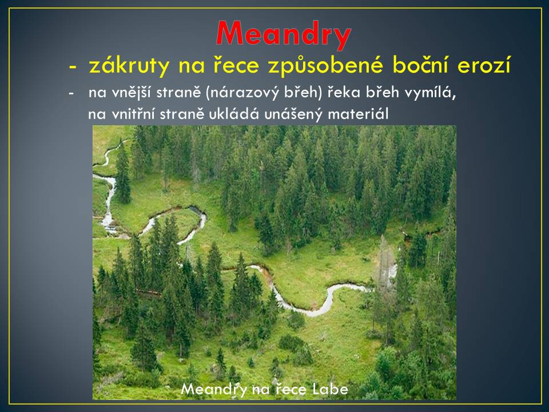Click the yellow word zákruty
pos(129,65)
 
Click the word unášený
pos(293,114)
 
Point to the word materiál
pos(358,114)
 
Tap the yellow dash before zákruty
pos(73,67)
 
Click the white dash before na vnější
pos(71,94)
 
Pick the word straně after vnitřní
pos(182,114)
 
